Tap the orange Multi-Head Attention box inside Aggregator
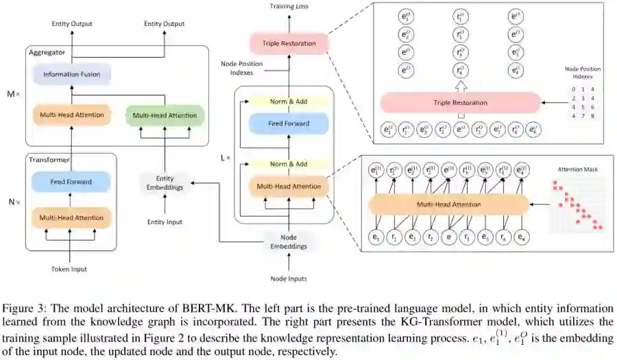(x=71, y=115)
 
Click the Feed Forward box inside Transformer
(x=71, y=182)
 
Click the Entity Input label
(x=165, y=221)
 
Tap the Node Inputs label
(x=287, y=278)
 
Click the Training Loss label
(x=289, y=6)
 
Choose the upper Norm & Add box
(x=289, y=101)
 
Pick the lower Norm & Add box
(x=289, y=165)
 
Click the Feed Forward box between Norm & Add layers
(x=289, y=124)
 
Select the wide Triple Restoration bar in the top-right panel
(x=460, y=103)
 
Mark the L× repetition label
(x=225, y=158)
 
